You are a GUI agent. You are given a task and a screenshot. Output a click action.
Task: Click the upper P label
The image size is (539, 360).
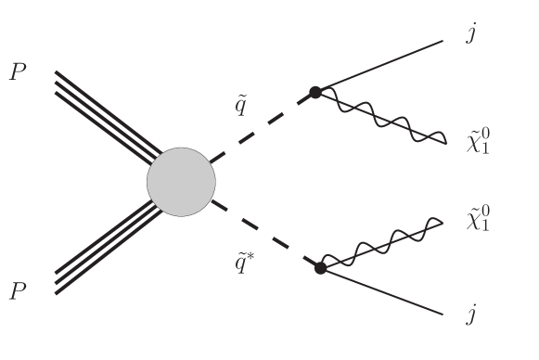[18, 73]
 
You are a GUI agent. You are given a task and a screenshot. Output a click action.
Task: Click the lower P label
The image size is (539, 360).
[18, 293]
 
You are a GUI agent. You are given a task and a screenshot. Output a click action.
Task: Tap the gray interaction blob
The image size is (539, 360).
[181, 181]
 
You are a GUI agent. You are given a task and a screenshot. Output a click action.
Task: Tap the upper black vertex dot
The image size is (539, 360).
[315, 92]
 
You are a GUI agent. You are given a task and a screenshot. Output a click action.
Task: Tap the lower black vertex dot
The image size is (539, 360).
[320, 268]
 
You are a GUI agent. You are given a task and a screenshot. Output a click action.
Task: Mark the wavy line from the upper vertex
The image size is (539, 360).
[380, 116]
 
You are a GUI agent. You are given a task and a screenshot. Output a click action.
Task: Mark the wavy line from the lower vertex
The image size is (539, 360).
[380, 245]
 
